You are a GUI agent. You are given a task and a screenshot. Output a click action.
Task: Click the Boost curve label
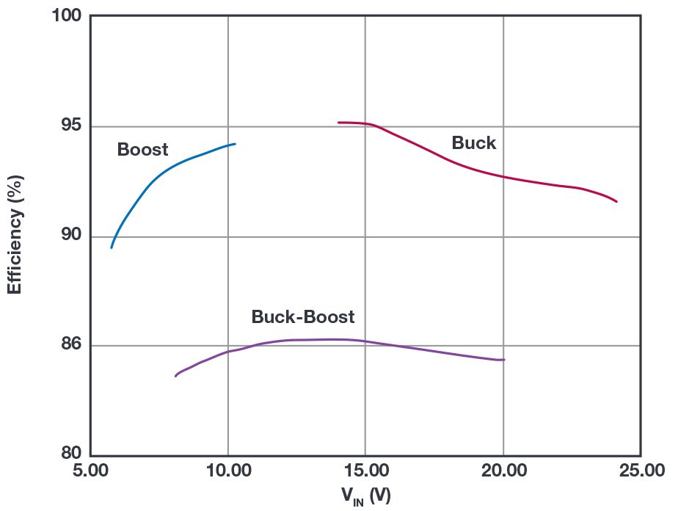tap(142, 150)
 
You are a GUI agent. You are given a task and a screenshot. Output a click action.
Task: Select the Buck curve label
tap(473, 143)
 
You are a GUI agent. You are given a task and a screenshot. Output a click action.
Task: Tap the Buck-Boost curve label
tap(302, 317)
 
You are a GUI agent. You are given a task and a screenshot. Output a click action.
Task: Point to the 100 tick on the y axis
tap(68, 15)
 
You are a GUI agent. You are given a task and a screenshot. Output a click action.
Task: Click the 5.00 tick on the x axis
tap(90, 471)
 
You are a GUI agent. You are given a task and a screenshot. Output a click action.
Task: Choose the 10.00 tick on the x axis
tap(227, 471)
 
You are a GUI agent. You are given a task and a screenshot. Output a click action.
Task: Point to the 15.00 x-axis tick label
tap(365, 471)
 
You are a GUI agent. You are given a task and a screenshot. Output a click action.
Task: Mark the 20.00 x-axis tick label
tap(503, 471)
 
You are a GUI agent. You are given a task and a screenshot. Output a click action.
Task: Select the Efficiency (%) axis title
tap(15, 234)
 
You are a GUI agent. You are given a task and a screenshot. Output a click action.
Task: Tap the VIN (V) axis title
tap(365, 496)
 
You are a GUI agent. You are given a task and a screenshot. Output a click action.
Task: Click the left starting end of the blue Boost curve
tap(112, 247)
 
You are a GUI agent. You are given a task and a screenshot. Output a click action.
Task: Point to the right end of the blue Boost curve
tap(235, 144)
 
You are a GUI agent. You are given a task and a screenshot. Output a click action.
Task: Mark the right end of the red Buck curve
tap(616, 201)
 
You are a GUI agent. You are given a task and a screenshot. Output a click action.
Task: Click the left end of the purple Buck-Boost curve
tap(175, 376)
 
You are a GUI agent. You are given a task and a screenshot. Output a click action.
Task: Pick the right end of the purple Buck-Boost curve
tap(504, 360)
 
